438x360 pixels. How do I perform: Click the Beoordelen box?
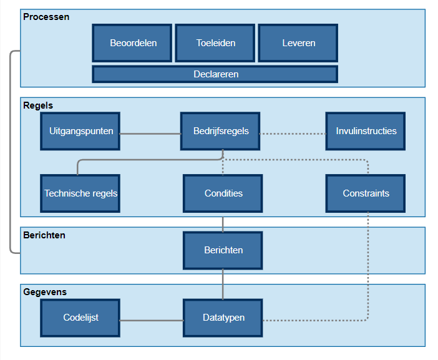coord(132,43)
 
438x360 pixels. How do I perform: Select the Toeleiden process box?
coord(215,43)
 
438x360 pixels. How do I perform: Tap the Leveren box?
coord(298,43)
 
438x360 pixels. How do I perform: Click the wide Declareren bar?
coord(215,74)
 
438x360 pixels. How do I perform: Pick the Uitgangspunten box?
coord(80,131)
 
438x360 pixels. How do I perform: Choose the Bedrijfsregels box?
coord(220,131)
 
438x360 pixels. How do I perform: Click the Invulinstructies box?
coord(366,131)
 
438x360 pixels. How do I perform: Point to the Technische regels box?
coord(80,193)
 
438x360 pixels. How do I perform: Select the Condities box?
coord(223,193)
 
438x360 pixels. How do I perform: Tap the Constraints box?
coord(366,193)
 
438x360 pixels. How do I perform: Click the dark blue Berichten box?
coord(223,250)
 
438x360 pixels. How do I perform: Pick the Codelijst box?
coord(80,318)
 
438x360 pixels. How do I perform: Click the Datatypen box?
coord(223,318)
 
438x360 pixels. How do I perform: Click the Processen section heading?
coord(46,17)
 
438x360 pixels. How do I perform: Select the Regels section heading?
coord(38,105)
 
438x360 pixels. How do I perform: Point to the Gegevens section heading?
coord(45,291)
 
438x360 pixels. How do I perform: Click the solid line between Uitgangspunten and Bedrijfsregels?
coord(150,134)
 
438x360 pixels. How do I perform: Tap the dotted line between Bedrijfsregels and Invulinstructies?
coord(293,134)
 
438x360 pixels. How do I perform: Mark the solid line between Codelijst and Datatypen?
coord(151,321)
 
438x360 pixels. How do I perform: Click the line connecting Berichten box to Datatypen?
coord(223,284)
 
